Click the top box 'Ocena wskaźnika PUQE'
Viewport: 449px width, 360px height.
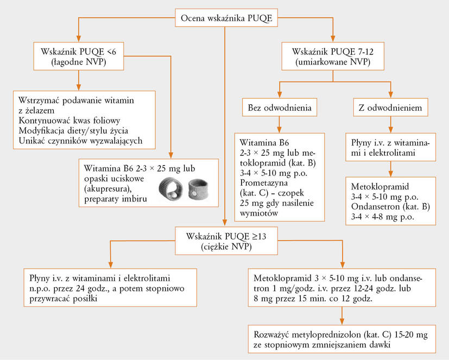point(226,18)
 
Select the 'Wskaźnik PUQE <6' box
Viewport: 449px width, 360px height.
point(79,56)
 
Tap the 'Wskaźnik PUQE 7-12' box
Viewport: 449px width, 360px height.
point(333,56)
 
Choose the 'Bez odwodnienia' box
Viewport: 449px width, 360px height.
point(280,108)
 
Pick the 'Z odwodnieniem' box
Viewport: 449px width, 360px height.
point(390,108)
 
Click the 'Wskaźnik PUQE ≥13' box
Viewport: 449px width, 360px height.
point(226,241)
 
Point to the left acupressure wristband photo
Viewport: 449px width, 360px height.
point(170,189)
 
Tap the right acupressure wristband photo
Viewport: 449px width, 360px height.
point(198,190)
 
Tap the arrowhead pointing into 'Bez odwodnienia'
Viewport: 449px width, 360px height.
point(280,95)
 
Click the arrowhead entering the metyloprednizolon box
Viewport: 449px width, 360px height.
point(342,321)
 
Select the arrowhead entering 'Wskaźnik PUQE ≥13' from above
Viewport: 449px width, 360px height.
point(225,223)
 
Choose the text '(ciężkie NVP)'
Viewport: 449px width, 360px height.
point(226,247)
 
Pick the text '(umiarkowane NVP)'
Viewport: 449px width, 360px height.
point(333,62)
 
